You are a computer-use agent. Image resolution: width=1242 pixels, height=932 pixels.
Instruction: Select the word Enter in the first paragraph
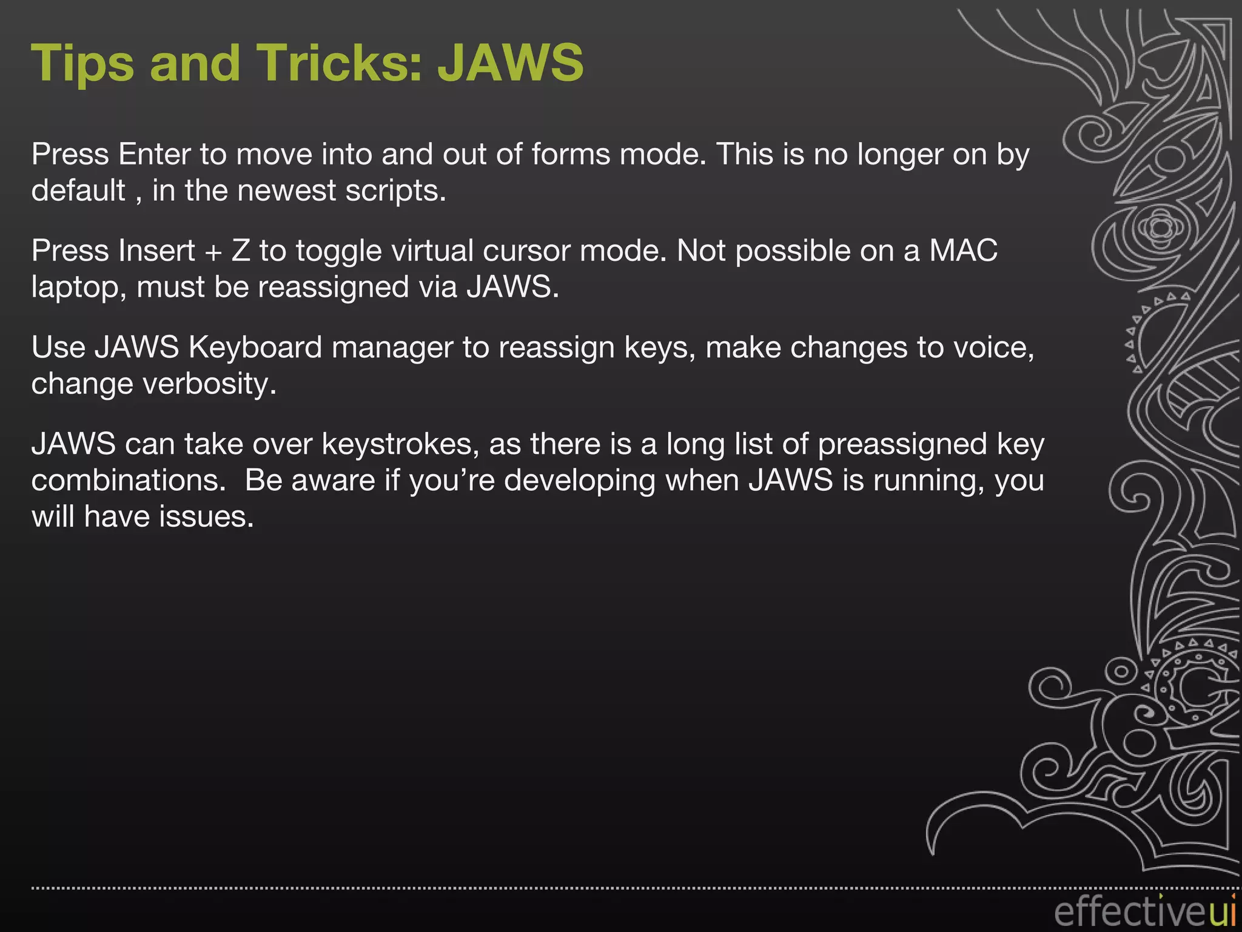click(x=154, y=154)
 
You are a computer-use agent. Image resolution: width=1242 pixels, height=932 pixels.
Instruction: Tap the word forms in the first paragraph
click(x=571, y=154)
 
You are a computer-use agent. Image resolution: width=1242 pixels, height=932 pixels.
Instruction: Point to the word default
click(x=78, y=191)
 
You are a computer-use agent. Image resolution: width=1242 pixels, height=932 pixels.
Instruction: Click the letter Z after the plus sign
click(x=241, y=251)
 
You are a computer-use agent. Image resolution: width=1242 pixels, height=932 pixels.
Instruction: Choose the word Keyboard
click(x=255, y=348)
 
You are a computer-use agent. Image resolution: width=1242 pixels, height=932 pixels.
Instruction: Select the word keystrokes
click(x=400, y=444)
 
